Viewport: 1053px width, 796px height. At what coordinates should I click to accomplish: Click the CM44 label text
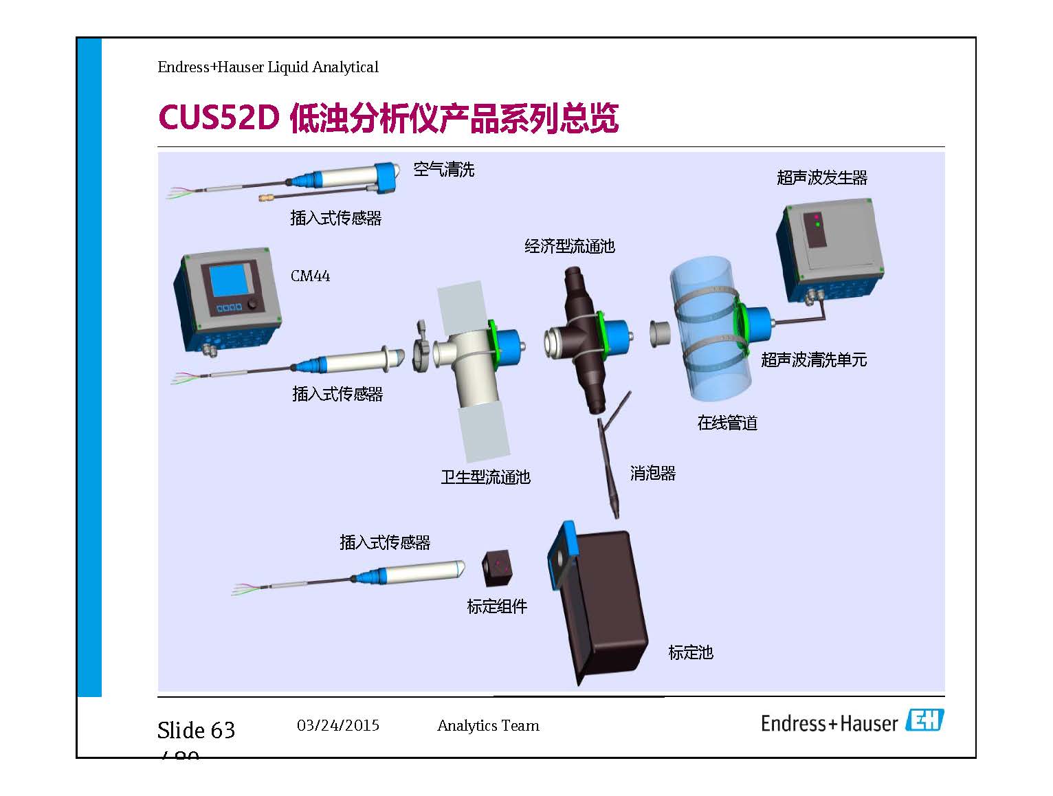[x=310, y=276]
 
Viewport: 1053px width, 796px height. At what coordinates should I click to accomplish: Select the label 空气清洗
[x=444, y=170]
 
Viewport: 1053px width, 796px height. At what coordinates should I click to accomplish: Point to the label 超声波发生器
[x=821, y=178]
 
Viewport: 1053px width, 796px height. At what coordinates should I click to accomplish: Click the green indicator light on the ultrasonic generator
[x=817, y=224]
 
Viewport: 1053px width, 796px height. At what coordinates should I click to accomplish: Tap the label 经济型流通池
[x=569, y=246]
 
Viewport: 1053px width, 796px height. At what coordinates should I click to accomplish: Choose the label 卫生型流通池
[x=485, y=477]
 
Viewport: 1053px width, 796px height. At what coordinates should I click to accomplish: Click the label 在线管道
[x=727, y=423]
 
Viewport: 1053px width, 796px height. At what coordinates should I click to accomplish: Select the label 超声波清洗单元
[x=814, y=360]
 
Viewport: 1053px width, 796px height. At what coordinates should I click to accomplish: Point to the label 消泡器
[x=653, y=474]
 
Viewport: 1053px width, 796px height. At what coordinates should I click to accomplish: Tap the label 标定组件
[x=497, y=607]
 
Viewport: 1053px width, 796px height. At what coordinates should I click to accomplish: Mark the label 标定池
[x=691, y=652]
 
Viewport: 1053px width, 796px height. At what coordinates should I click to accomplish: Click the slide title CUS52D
[x=219, y=118]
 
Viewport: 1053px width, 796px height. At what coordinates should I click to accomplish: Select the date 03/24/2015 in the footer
[x=338, y=725]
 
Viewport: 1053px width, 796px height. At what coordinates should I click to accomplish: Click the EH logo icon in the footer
[x=924, y=720]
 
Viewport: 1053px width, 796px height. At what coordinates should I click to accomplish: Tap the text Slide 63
[x=197, y=730]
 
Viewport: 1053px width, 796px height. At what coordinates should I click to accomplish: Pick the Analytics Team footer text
[x=488, y=726]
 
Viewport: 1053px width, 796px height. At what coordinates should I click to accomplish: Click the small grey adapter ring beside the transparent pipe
[x=661, y=333]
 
